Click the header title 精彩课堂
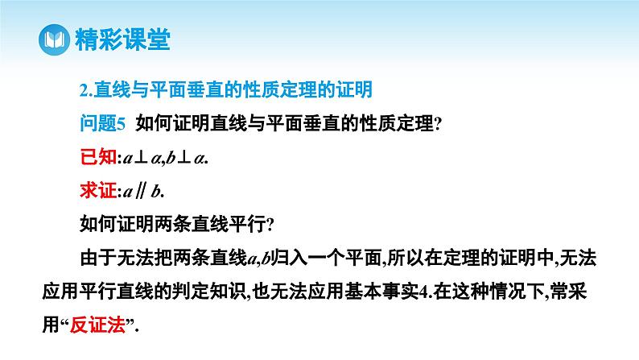pos(122,39)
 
